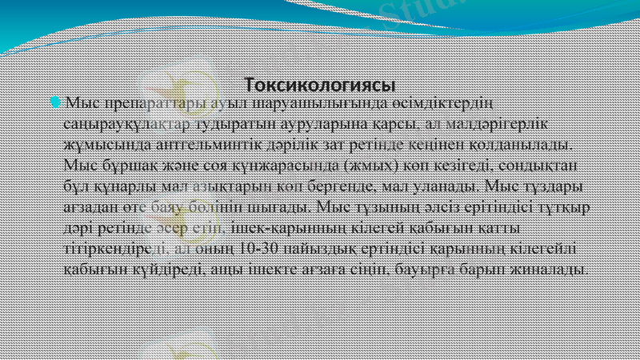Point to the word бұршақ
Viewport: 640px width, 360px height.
[x=122, y=166]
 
